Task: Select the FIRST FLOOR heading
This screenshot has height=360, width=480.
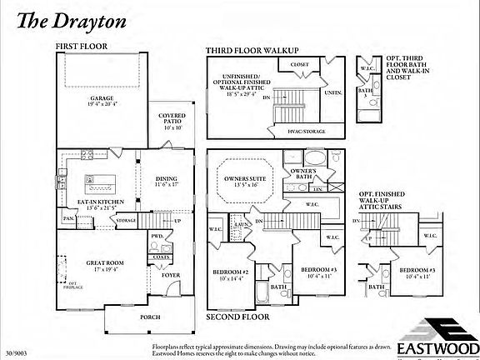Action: tap(82, 47)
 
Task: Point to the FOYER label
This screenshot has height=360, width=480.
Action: tap(171, 272)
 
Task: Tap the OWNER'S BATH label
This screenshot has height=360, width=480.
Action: tap(302, 173)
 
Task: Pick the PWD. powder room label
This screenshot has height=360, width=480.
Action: tap(156, 237)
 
